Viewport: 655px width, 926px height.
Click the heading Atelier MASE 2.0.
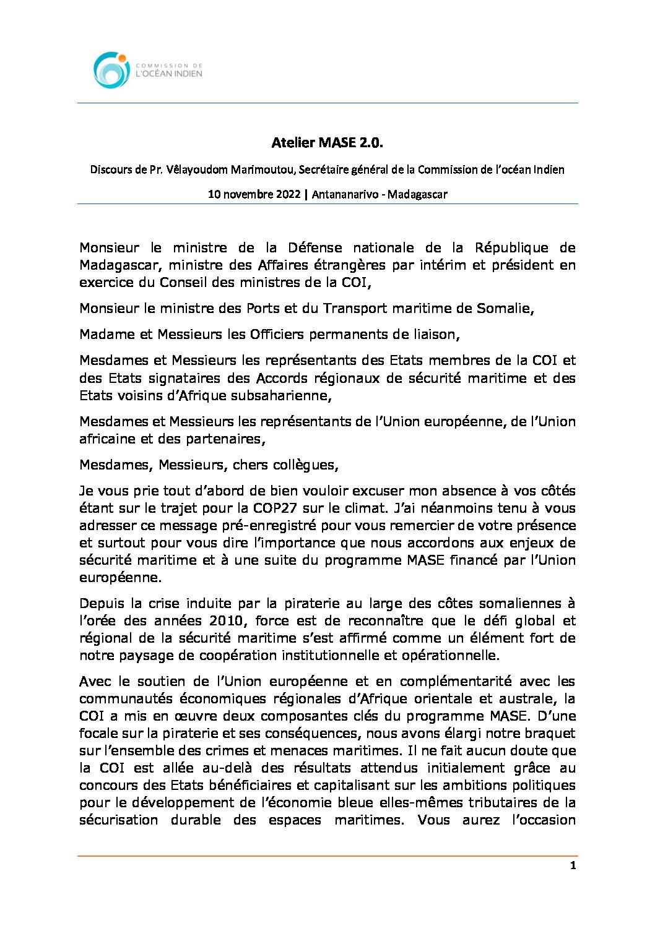[327, 143]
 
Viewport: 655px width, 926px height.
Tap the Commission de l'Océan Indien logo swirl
[110, 70]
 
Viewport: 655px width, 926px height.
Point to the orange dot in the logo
[123, 58]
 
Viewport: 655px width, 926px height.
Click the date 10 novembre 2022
[254, 194]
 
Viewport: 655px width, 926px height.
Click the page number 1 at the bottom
[573, 865]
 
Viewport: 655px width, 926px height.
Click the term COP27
[276, 508]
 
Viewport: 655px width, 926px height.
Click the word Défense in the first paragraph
[314, 247]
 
